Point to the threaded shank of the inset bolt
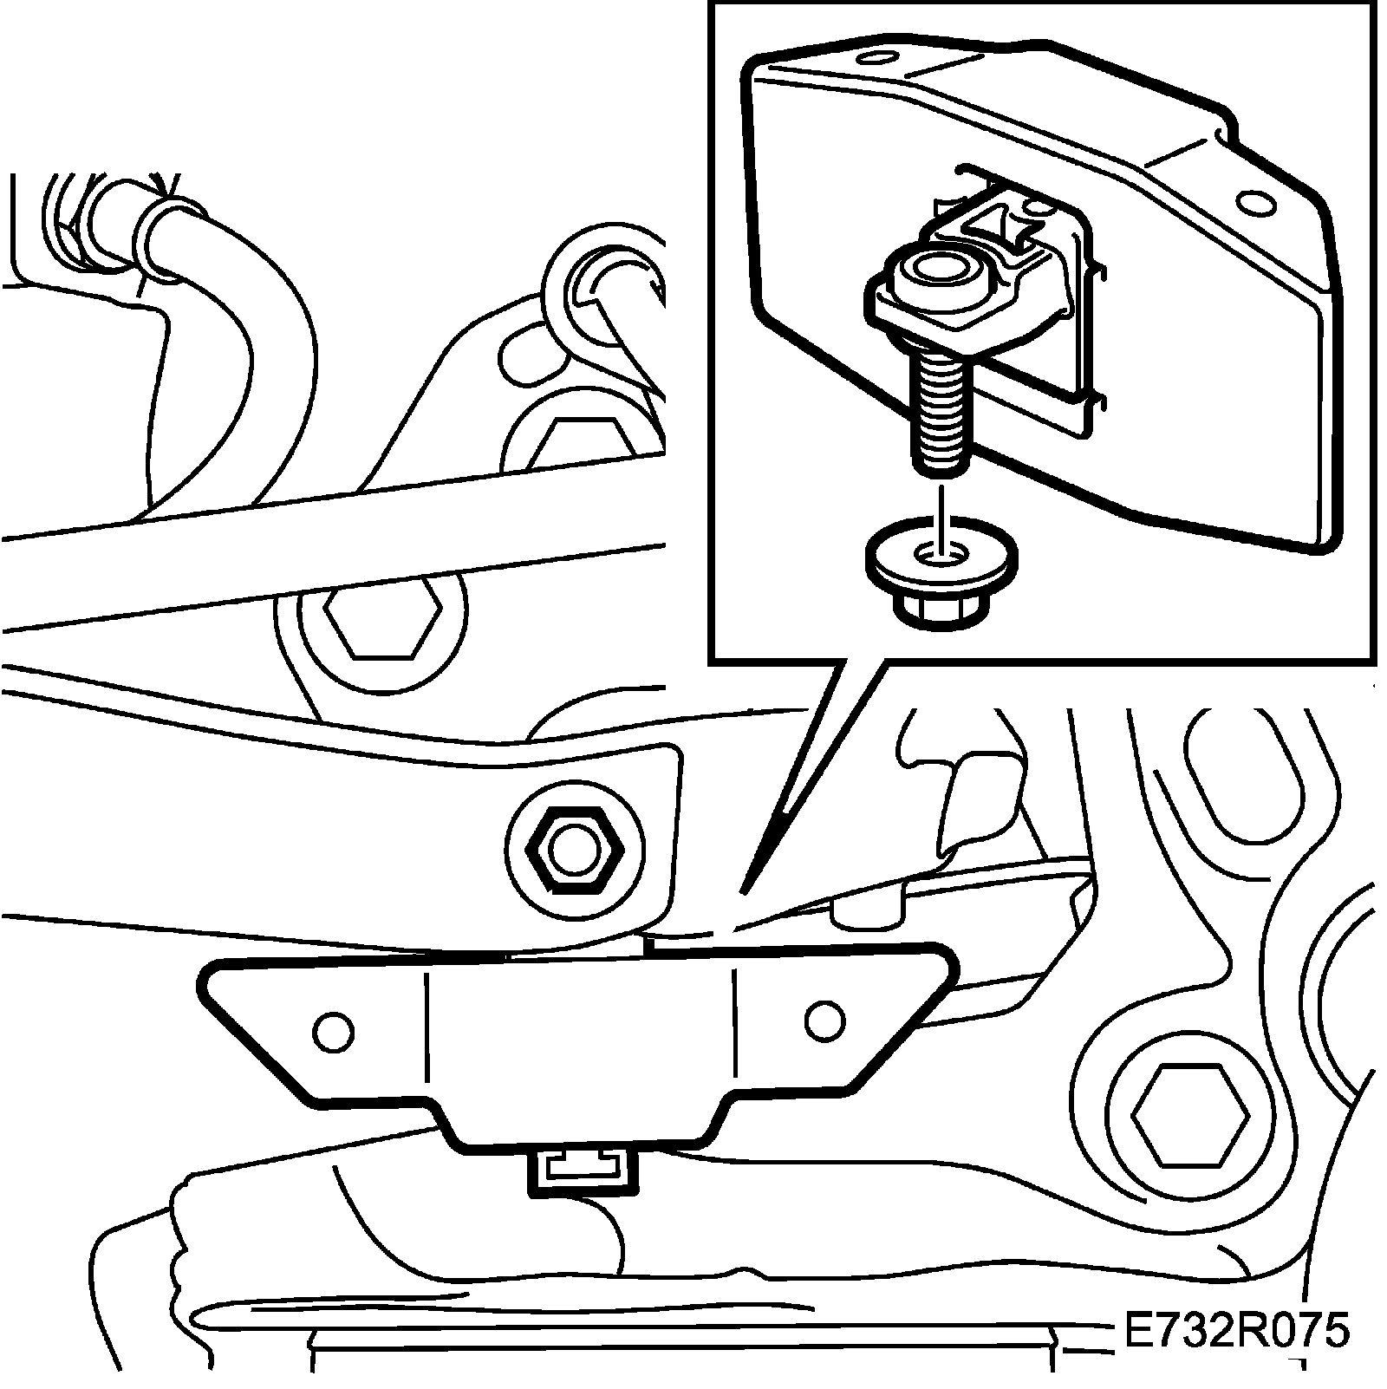(x=941, y=408)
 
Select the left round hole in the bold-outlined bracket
(x=334, y=1031)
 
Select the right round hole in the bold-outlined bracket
(x=824, y=1021)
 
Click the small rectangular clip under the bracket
(x=582, y=1173)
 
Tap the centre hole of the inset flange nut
(x=941, y=551)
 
